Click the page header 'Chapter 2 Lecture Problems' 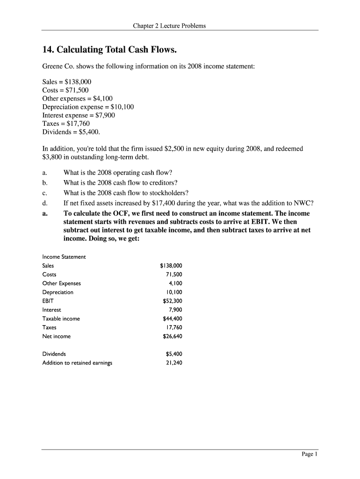coord(169,26)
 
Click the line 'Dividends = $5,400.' coord(71,132)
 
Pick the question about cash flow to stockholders coord(126,193)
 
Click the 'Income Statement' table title coord(64,257)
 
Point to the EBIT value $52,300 coord(172,301)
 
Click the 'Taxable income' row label coord(61,319)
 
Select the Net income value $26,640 coord(172,336)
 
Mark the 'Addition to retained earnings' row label coord(77,363)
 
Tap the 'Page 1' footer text coord(309,454)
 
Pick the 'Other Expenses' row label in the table coord(62,283)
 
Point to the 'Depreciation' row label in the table coord(58,292)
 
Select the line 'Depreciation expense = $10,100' coord(88,107)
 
